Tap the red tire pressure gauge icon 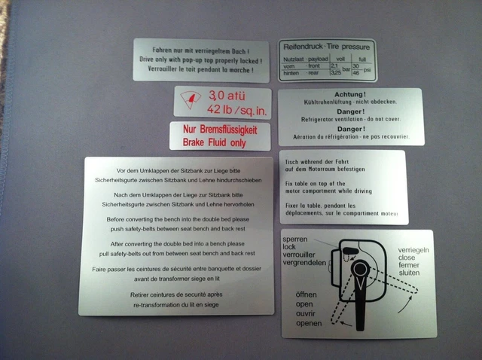[192, 99]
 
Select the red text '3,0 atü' [230, 96]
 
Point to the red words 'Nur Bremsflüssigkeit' [220, 130]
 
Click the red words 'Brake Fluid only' [220, 142]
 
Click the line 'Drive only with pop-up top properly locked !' [201, 59]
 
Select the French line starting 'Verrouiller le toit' [201, 70]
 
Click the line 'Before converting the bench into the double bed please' [176, 219]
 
